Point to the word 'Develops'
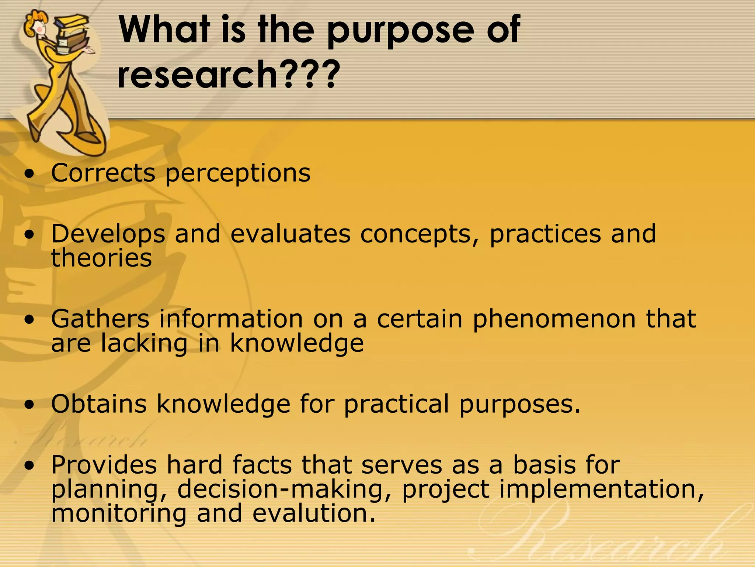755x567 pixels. pos(108,235)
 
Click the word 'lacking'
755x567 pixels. pos(144,344)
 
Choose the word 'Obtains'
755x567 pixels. pos(99,404)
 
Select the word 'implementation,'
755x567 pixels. pos(601,490)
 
